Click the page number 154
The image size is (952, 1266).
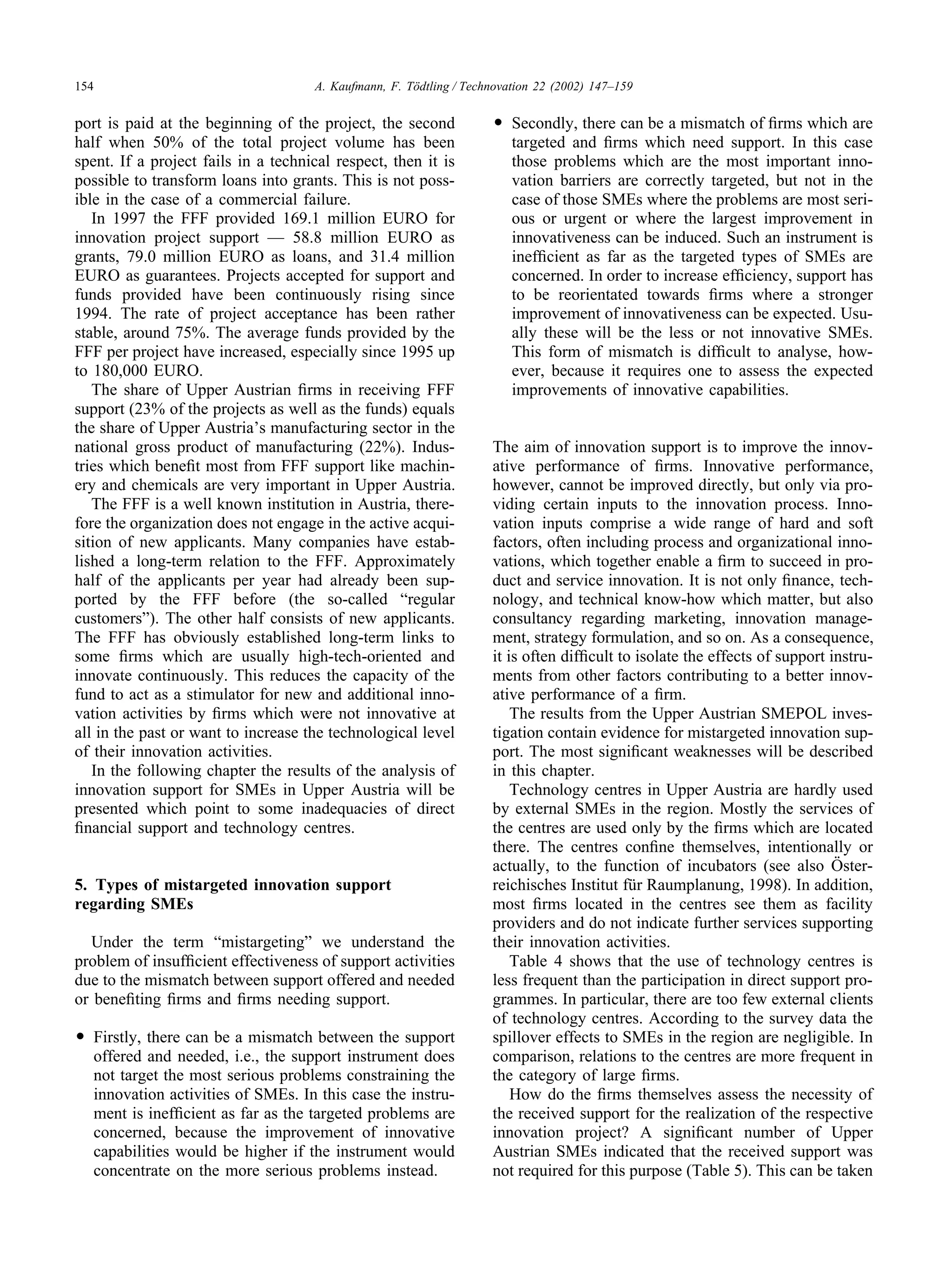[x=84, y=86]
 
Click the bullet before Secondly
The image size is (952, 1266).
[x=499, y=124]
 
